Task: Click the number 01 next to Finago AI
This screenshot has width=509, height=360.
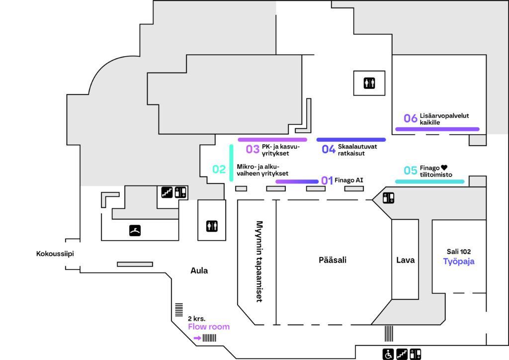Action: [327, 180]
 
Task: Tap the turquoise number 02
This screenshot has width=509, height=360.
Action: [219, 169]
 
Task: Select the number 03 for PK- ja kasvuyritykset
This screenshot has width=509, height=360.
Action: [253, 149]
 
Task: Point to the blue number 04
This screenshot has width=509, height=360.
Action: [329, 149]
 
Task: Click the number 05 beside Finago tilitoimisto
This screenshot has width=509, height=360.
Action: [410, 171]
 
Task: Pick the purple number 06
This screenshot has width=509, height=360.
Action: [410, 118]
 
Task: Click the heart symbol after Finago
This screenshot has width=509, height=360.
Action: [444, 168]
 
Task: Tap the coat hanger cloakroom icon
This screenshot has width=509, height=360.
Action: [135, 231]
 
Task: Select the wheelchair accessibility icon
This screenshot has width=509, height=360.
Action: [388, 354]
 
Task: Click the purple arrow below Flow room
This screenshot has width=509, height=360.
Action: [197, 338]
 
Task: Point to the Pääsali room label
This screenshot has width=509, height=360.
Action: [333, 260]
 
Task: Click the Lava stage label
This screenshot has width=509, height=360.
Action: [406, 260]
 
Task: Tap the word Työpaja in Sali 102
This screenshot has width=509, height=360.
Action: [459, 262]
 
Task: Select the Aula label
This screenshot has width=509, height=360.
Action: [199, 270]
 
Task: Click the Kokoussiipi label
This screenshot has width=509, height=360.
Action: [55, 254]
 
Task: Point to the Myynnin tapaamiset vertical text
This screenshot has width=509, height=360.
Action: [259, 262]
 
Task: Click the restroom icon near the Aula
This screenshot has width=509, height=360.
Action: [212, 226]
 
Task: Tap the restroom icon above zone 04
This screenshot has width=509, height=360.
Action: [369, 83]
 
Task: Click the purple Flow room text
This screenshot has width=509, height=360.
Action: [209, 327]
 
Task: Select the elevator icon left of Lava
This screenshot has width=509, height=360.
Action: [388, 198]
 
